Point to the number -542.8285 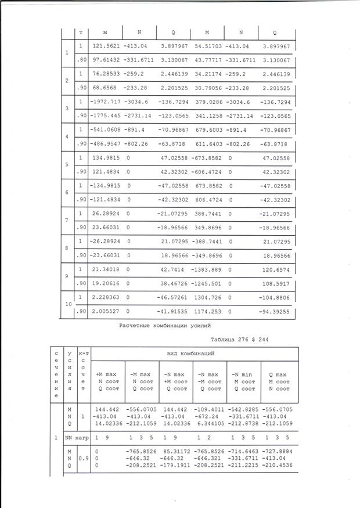click(x=246, y=409)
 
